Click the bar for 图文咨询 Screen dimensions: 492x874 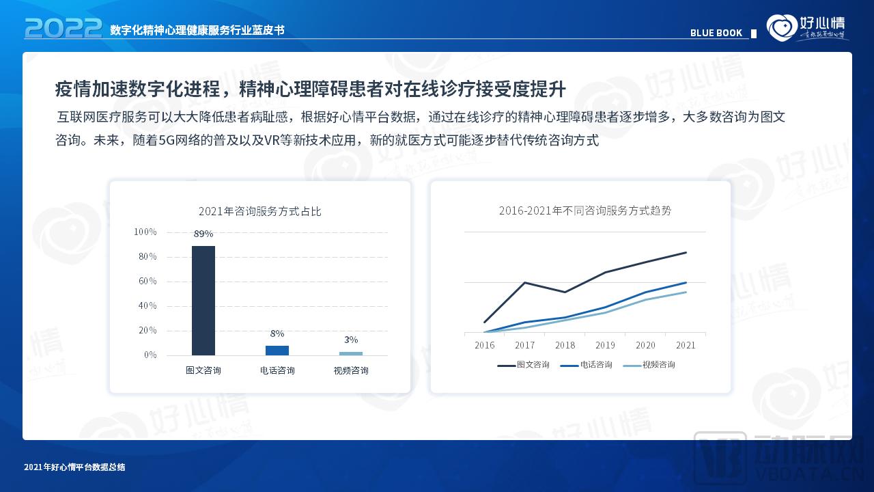[x=203, y=301]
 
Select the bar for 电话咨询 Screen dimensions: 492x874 [x=277, y=351]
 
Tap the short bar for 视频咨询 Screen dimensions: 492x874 [x=351, y=353]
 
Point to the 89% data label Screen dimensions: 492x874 [x=203, y=234]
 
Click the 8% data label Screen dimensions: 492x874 [x=277, y=333]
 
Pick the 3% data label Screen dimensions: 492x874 [x=351, y=340]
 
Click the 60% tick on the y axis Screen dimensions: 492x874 [x=147, y=282]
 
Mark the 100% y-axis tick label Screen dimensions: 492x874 [x=145, y=232]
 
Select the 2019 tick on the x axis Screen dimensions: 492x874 [x=605, y=345]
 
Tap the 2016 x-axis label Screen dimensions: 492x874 [x=484, y=345]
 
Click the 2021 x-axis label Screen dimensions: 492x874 [x=686, y=345]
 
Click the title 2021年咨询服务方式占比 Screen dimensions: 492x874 [x=259, y=212]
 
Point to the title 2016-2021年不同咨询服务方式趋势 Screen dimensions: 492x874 [x=585, y=210]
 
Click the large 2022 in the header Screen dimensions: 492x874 [x=63, y=29]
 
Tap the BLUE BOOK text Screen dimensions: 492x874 [x=716, y=33]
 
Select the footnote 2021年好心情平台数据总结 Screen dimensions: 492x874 [x=74, y=467]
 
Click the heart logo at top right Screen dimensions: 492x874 [x=781, y=27]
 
